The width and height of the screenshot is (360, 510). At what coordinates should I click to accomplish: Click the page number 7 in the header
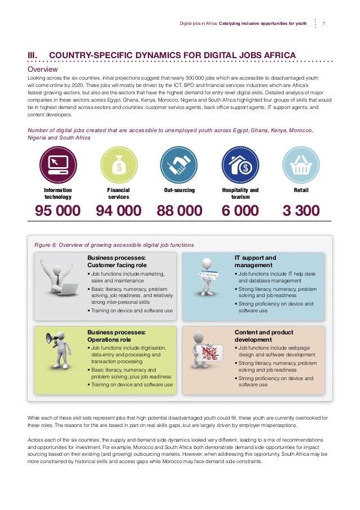click(323, 24)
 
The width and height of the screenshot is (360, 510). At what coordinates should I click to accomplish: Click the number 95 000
click(58, 211)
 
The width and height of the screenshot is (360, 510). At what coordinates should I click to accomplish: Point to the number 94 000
click(118, 211)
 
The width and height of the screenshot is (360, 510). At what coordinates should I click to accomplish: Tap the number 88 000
click(179, 211)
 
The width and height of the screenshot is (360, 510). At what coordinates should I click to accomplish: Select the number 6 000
click(240, 211)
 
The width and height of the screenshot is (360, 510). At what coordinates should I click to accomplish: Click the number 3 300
click(301, 211)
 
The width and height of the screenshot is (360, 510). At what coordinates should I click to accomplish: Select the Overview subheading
click(43, 69)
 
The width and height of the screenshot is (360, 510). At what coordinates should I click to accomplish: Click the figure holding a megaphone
click(58, 350)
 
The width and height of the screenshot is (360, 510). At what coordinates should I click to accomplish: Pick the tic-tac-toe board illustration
click(211, 356)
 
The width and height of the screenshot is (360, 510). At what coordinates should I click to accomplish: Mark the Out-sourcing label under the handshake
click(179, 190)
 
